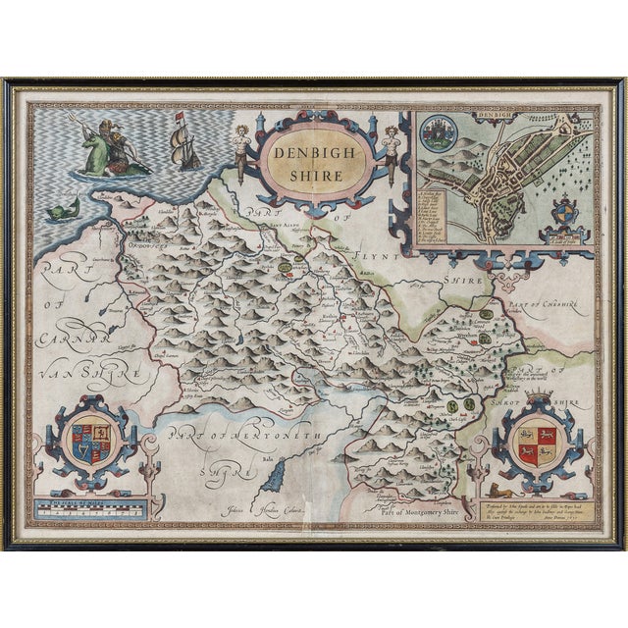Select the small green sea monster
point(63,207)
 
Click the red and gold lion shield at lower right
point(535,443)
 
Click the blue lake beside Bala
point(277,478)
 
